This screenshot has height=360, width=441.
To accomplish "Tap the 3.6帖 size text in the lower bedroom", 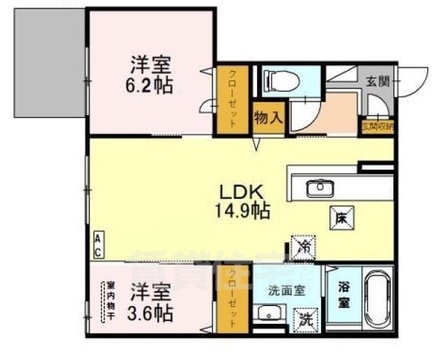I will pos(148,311).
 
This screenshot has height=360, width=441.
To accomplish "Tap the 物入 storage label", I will pos(268,118).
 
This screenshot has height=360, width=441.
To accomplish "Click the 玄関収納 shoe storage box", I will pos(378,126).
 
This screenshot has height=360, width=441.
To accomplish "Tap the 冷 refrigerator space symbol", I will pos(305,246).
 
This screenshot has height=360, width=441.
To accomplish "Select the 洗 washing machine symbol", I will pos(305,317).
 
